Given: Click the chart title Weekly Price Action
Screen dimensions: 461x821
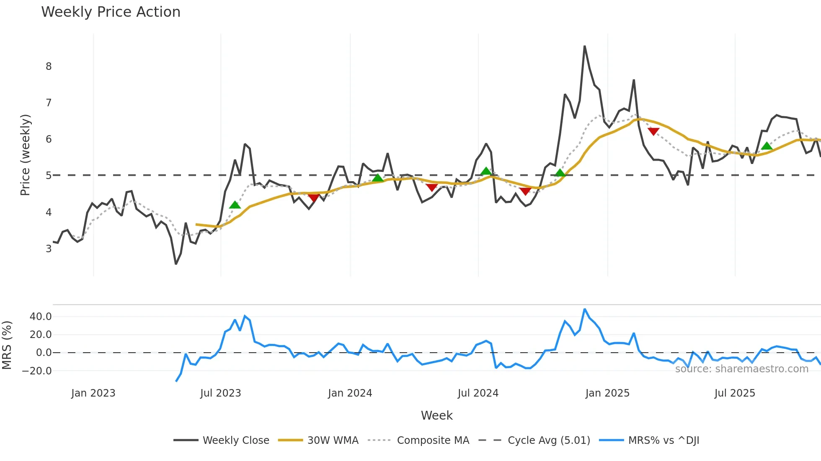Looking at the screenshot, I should [111, 12].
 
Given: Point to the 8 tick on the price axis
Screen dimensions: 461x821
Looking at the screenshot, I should [49, 66].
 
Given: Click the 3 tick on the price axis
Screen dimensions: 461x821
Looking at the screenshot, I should [49, 248].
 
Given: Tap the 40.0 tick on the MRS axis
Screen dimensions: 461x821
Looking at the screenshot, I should [41, 317].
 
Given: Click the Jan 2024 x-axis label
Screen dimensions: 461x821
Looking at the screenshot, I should [350, 393].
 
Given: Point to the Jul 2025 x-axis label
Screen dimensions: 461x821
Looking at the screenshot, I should [735, 393].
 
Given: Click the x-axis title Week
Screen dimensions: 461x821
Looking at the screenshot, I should [436, 415].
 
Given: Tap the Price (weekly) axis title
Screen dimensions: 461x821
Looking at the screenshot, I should [25, 155].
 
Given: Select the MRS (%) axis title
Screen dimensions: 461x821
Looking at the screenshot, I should [7, 345].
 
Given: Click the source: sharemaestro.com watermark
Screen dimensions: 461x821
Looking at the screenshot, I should [741, 369].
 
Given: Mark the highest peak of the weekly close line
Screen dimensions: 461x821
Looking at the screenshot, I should [584, 46].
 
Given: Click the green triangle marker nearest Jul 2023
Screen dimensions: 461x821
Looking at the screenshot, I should [235, 205].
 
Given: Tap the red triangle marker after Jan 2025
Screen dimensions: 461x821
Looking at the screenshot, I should [653, 131].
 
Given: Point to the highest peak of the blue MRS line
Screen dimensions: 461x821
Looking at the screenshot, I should [585, 310].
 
